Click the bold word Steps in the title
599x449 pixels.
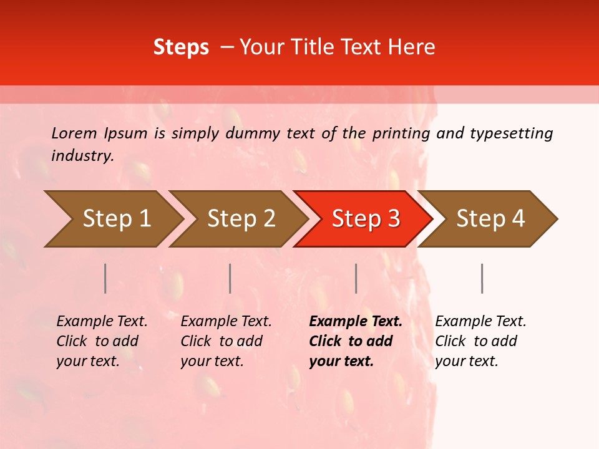[x=181, y=47]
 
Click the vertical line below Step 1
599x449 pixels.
[x=105, y=278]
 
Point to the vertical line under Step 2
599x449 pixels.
[x=230, y=278]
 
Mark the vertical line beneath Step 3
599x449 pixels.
[x=356, y=278]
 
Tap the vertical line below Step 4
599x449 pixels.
[x=482, y=278]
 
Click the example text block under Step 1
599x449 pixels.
[x=102, y=341]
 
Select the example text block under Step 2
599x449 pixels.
[x=226, y=341]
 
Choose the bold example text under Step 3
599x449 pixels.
[x=356, y=341]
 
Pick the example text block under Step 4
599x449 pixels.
[x=480, y=341]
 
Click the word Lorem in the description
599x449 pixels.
[x=74, y=133]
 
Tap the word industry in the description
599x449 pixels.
[x=82, y=156]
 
